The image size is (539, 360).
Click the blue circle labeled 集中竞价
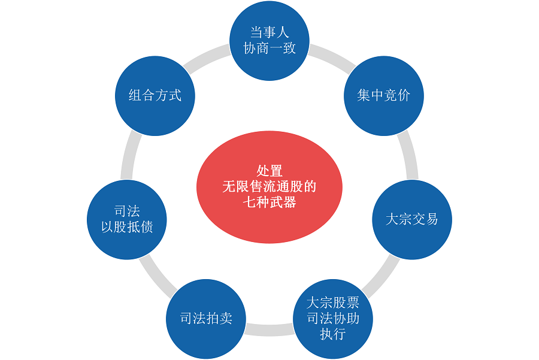pos(383,96)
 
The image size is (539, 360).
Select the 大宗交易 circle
pos(411,219)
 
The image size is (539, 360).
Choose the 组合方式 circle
pos(155,96)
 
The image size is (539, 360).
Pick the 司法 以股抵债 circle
pos(126,219)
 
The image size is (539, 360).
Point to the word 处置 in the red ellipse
pos(269,171)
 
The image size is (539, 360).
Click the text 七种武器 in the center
pos(269,202)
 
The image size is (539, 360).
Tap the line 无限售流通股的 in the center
pos(269,186)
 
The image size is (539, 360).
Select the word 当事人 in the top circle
pos(269,33)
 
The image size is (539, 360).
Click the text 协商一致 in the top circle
pos(269,49)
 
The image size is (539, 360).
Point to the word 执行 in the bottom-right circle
pos(332,334)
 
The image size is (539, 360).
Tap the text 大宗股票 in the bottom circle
pos(332,303)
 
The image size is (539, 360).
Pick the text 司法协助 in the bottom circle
pos(332,319)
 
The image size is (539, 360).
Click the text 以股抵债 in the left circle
pos(126,228)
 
